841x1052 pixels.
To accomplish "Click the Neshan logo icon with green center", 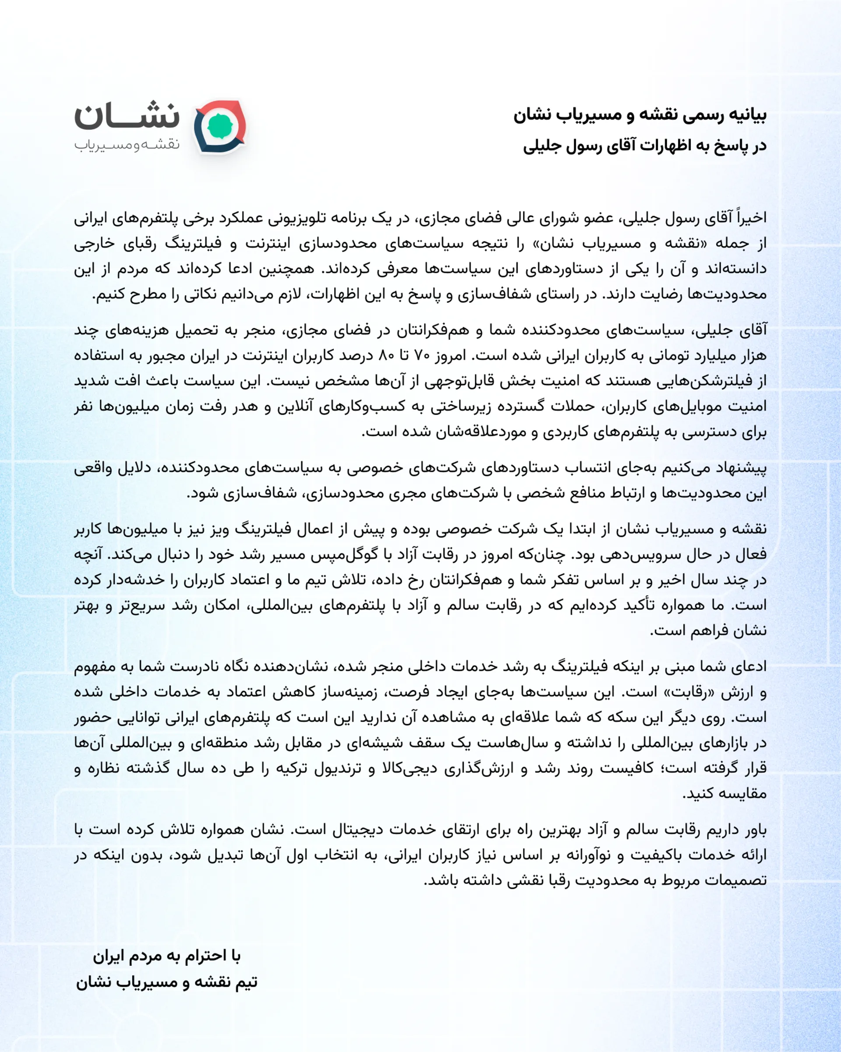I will [220, 127].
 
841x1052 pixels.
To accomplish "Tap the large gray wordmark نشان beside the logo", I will [127, 116].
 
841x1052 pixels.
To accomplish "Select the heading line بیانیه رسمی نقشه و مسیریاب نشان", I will [640, 115].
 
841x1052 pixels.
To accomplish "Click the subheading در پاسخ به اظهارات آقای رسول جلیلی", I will [644, 146].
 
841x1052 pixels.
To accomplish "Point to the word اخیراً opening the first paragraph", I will [752, 218].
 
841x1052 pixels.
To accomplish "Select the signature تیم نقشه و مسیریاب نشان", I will [167, 982].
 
